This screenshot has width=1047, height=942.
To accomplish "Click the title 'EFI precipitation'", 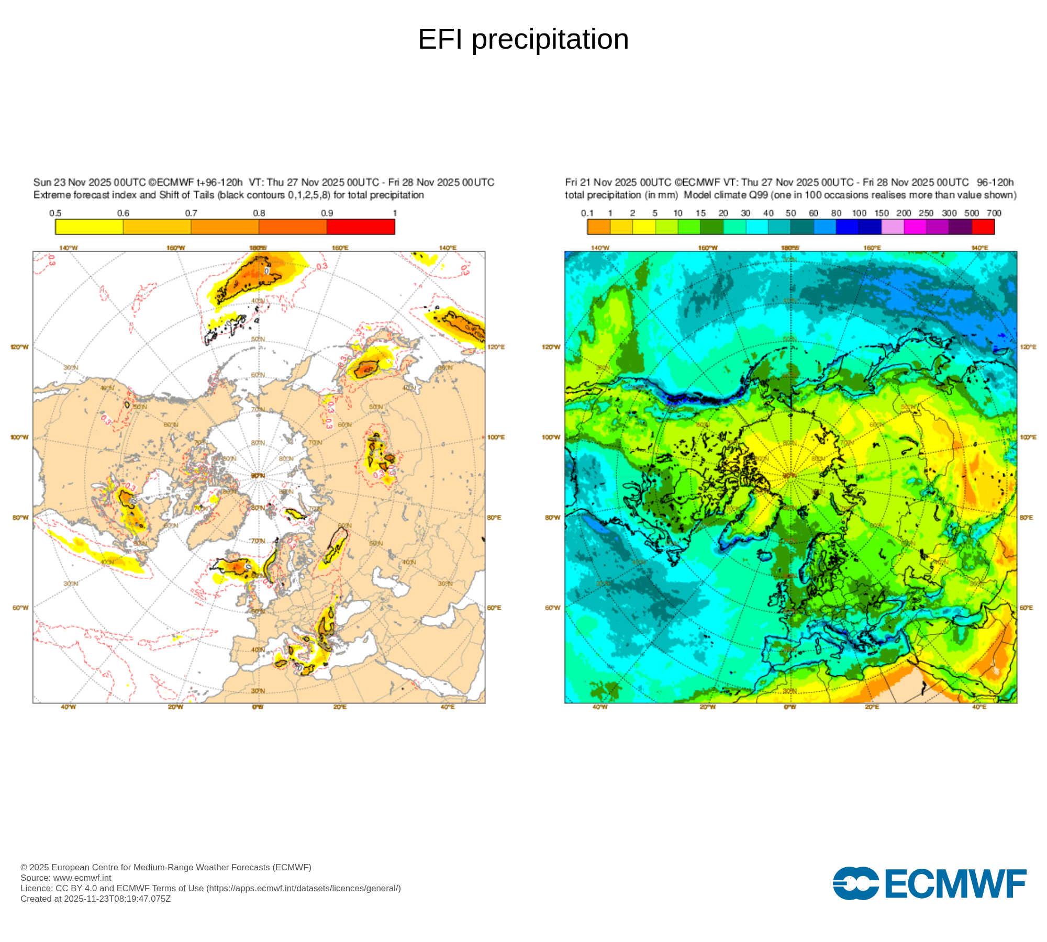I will tap(523, 39).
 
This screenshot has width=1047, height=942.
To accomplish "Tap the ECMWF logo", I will tap(929, 883).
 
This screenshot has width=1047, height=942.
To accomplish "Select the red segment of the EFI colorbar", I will tap(361, 227).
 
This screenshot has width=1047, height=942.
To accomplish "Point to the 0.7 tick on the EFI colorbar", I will tap(191, 214).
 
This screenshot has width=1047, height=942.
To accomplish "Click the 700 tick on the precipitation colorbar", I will tap(994, 214).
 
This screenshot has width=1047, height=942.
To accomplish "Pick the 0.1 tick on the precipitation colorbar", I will tap(587, 214).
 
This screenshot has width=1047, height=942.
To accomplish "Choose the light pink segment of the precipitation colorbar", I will tap(893, 227).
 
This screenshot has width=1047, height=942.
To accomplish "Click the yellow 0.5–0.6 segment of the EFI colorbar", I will tap(89, 227).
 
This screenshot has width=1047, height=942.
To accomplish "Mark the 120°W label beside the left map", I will tap(20, 347).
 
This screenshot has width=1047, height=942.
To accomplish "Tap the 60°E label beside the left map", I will tap(494, 608).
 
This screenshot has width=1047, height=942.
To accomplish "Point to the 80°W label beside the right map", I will tap(552, 518).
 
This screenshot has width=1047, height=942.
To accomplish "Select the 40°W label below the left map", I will tap(68, 707).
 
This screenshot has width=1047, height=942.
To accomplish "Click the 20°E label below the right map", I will tap(872, 707).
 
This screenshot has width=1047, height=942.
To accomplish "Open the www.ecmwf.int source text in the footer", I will tap(82, 878).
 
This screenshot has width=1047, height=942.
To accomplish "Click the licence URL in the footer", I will tap(303, 888).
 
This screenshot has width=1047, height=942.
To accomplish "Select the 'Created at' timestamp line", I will tap(95, 899).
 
